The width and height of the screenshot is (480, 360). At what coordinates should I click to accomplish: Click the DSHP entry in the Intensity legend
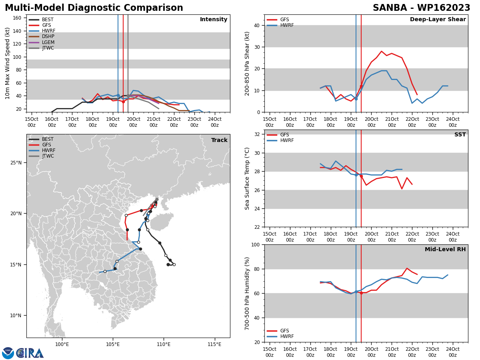tap(42, 36)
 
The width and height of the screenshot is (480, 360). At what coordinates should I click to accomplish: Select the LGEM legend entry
tap(42, 42)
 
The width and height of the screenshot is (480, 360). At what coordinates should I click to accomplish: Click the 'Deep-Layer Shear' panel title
tap(438, 19)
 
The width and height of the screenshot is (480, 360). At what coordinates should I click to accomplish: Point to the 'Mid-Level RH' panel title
tap(445, 249)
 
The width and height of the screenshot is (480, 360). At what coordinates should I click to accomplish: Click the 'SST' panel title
tap(460, 134)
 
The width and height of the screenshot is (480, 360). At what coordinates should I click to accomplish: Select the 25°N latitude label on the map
tap(16, 163)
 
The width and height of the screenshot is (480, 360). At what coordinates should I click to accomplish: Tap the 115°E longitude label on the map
tap(214, 344)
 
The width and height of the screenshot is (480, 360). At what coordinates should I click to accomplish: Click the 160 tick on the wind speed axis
tap(17, 18)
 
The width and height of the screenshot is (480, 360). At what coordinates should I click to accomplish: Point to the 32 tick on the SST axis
tap(257, 134)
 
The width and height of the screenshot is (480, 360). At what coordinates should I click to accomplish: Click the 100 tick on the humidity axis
tap(256, 245)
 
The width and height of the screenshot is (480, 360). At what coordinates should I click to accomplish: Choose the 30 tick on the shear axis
tap(257, 47)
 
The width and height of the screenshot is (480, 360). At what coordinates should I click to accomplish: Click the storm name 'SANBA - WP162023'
tap(421, 8)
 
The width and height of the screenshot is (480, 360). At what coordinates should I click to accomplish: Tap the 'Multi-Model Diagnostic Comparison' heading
tap(94, 8)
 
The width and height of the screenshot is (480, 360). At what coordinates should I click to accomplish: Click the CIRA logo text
tap(30, 353)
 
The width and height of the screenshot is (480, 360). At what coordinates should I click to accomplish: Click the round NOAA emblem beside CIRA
tap(8, 353)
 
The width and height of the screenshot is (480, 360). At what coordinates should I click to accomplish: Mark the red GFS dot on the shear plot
tap(361, 86)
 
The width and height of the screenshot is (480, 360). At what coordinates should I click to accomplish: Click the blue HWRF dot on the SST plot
tap(356, 175)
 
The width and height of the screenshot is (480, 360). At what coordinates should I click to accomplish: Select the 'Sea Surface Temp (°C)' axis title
tap(247, 178)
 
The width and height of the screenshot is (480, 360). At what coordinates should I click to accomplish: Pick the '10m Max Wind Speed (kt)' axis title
tap(7, 63)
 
